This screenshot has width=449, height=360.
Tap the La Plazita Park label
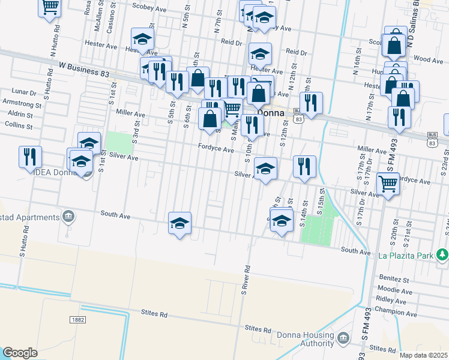click(406, 256)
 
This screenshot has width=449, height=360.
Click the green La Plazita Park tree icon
click(442, 255)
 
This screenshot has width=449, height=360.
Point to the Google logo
click(20, 352)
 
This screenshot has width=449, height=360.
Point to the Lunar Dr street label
click(24, 92)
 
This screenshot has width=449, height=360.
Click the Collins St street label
click(18, 126)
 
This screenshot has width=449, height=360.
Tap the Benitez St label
click(394, 279)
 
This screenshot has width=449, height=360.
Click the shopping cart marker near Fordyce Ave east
click(388, 184)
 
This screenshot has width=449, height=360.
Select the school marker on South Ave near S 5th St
click(179, 223)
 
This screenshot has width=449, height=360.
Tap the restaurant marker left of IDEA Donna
click(30, 157)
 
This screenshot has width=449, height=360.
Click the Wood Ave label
click(429, 59)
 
